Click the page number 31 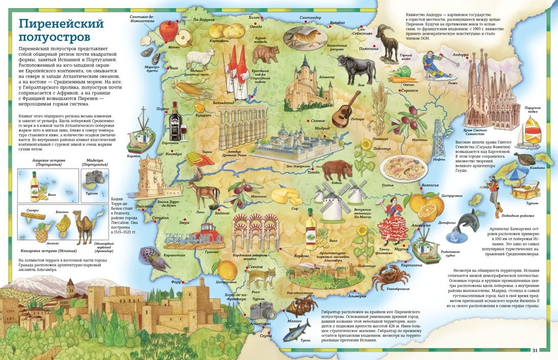(x=535, y=350)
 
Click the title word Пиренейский (x=60, y=24)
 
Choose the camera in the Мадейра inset (x=95, y=177)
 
